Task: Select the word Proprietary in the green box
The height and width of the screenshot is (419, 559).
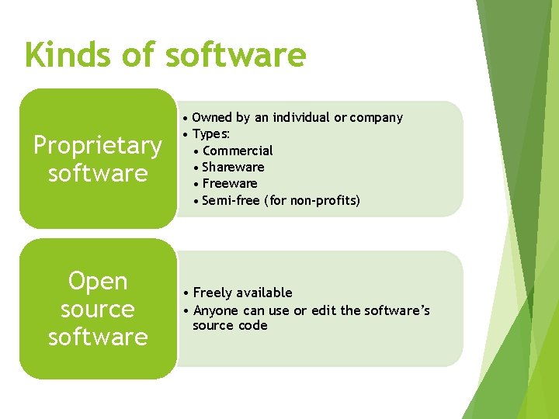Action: coord(97,145)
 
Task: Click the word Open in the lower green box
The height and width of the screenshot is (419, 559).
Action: coord(98,281)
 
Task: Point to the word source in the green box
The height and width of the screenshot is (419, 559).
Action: coord(98,309)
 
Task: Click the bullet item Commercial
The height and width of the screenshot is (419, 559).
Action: coord(238,151)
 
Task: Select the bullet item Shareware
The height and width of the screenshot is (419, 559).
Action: coord(233,167)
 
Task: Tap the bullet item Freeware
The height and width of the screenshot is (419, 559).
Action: coord(230,183)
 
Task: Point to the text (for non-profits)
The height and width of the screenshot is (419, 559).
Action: coord(313,200)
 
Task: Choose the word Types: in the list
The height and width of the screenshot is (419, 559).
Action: coord(211,134)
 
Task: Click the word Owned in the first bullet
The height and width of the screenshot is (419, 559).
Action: coord(212,118)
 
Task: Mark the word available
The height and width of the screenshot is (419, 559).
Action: coord(265,293)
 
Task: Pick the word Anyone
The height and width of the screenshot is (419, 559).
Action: coord(216,310)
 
